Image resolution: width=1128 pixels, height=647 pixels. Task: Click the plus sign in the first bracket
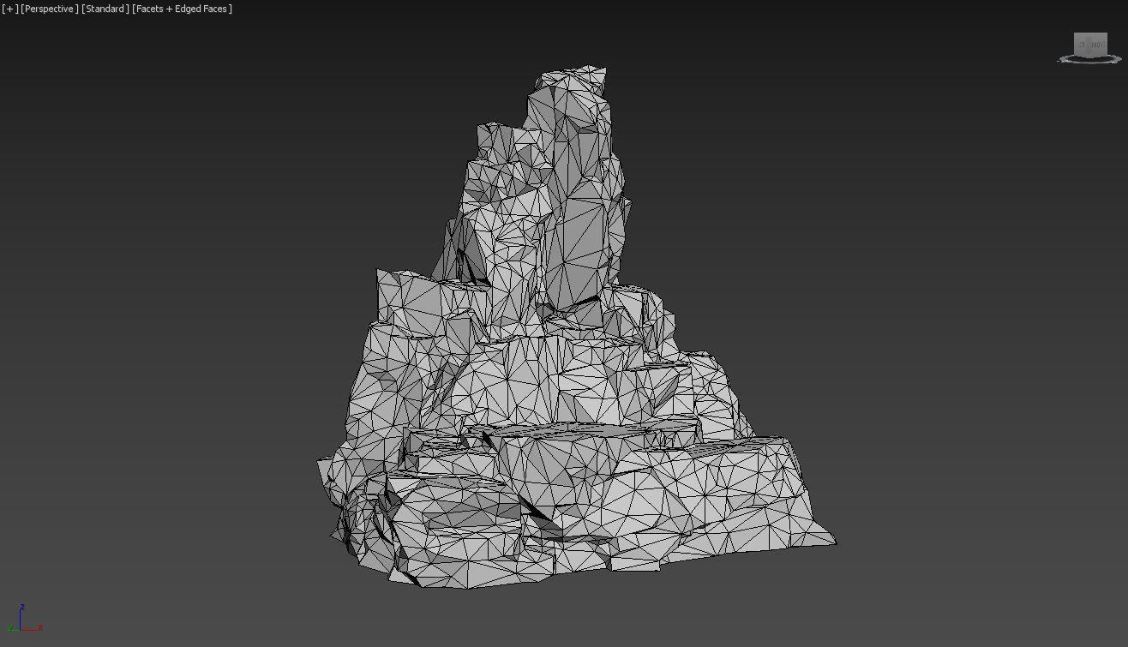coord(10,9)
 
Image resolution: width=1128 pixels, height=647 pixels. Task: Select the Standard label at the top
coord(105,9)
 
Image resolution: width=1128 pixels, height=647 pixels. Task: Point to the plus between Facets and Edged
coord(170,9)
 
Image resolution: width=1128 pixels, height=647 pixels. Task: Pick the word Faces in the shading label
coord(215,9)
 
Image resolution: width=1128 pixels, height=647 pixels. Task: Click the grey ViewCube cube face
coord(1090,45)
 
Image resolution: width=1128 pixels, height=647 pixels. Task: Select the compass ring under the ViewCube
coord(1089,60)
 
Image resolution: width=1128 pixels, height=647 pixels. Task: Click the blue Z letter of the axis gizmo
coord(21,607)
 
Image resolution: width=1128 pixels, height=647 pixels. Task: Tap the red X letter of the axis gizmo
coord(39,628)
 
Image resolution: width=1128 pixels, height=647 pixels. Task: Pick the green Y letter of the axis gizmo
coord(10,628)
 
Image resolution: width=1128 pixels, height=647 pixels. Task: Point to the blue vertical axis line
coord(21,619)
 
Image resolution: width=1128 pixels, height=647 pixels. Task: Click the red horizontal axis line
coord(29,629)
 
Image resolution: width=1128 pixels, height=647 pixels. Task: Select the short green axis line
coord(16,627)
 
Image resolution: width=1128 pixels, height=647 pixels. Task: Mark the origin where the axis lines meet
coord(21,629)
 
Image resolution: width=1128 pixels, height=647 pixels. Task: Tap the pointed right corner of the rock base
coord(835,541)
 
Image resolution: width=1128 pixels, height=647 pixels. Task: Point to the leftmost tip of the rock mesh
coord(318,464)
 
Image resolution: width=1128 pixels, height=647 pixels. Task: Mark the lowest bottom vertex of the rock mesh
coord(467,589)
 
